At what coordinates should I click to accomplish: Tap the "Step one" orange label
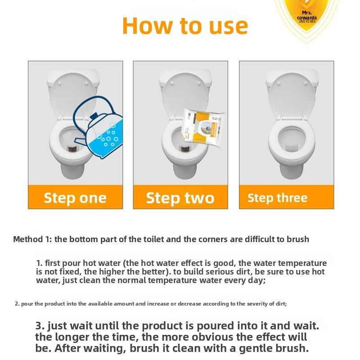(x=75, y=198)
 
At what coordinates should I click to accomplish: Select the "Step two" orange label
(x=180, y=198)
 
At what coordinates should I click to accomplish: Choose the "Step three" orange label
(x=278, y=198)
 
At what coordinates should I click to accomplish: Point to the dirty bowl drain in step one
(x=72, y=145)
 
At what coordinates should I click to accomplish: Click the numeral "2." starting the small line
(x=17, y=304)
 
